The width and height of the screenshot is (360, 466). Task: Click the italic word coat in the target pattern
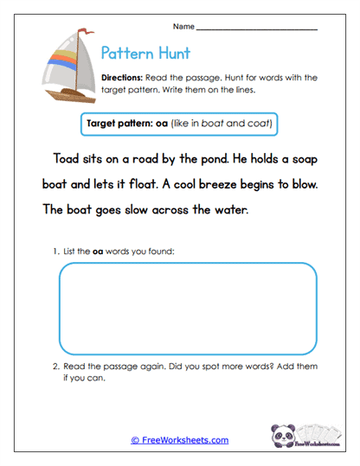click(259, 124)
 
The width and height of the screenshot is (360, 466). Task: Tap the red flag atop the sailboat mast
click(85, 31)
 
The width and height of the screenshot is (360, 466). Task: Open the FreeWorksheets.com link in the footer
click(180, 440)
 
